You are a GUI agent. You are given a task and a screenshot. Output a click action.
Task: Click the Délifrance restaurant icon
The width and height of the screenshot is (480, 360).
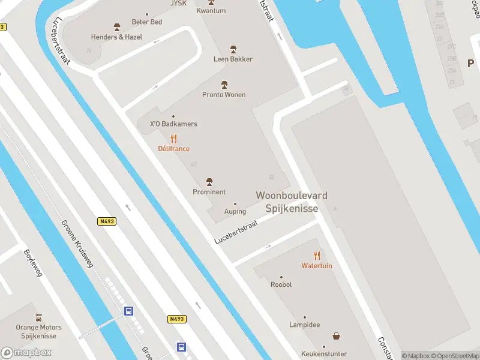pyautogui.click(x=173, y=139)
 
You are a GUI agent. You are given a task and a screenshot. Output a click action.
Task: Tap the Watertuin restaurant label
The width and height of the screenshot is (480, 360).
pyautogui.click(x=316, y=266)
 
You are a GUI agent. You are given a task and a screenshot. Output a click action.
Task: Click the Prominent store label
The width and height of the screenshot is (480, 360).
pyautogui.click(x=209, y=192)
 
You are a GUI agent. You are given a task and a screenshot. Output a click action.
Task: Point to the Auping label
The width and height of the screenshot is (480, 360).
pyautogui.click(x=235, y=211)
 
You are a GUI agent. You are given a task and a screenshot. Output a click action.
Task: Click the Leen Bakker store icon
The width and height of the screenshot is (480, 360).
pyautogui.click(x=233, y=49)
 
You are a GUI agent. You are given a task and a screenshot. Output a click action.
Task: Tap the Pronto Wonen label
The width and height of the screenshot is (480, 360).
pyautogui.click(x=224, y=95)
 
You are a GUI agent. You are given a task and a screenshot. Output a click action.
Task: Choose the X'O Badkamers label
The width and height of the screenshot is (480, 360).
pyautogui.click(x=173, y=124)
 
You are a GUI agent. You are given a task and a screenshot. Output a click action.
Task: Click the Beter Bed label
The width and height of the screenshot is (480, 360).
pyautogui.click(x=146, y=22)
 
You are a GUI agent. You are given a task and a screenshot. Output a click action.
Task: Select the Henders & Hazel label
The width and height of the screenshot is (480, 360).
pyautogui.click(x=116, y=37)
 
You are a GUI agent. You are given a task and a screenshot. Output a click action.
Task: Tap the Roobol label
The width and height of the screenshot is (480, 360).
pyautogui.click(x=281, y=284)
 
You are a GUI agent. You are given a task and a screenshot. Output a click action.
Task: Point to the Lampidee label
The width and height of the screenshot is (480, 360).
pyautogui.click(x=304, y=325)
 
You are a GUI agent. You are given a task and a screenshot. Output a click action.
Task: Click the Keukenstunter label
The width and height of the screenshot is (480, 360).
pyautogui.click(x=325, y=354)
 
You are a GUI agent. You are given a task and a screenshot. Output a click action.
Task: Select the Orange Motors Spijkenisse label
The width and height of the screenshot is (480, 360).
pyautogui.click(x=39, y=332)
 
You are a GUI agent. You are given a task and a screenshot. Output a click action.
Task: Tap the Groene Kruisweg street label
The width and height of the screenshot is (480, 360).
pyautogui.click(x=77, y=243)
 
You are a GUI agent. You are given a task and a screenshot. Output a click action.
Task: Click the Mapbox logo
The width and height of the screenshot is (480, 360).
pyautogui.click(x=26, y=353)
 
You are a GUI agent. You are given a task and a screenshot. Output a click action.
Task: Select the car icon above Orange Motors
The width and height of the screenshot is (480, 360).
pyautogui.click(x=39, y=317)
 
